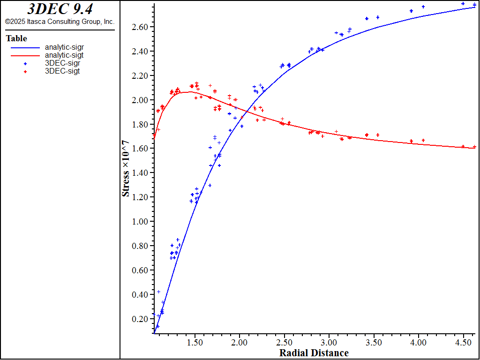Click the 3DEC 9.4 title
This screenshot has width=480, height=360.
click(60, 9)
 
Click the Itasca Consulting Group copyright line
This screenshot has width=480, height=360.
click(60, 22)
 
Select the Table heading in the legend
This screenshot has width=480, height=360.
click(16, 38)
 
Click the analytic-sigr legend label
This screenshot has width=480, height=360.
click(64, 47)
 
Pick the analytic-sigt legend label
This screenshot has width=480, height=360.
click(64, 55)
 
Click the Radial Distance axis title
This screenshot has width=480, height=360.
click(314, 353)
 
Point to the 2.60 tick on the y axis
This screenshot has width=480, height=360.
click(140, 27)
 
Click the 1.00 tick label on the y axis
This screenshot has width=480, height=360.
click(140, 222)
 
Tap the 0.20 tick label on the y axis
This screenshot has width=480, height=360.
click(140, 319)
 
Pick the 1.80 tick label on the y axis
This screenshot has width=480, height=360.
click(140, 125)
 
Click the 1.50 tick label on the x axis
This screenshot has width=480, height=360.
click(195, 342)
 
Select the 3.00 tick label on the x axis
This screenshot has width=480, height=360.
click(329, 342)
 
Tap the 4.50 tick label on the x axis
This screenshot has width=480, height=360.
click(463, 342)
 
